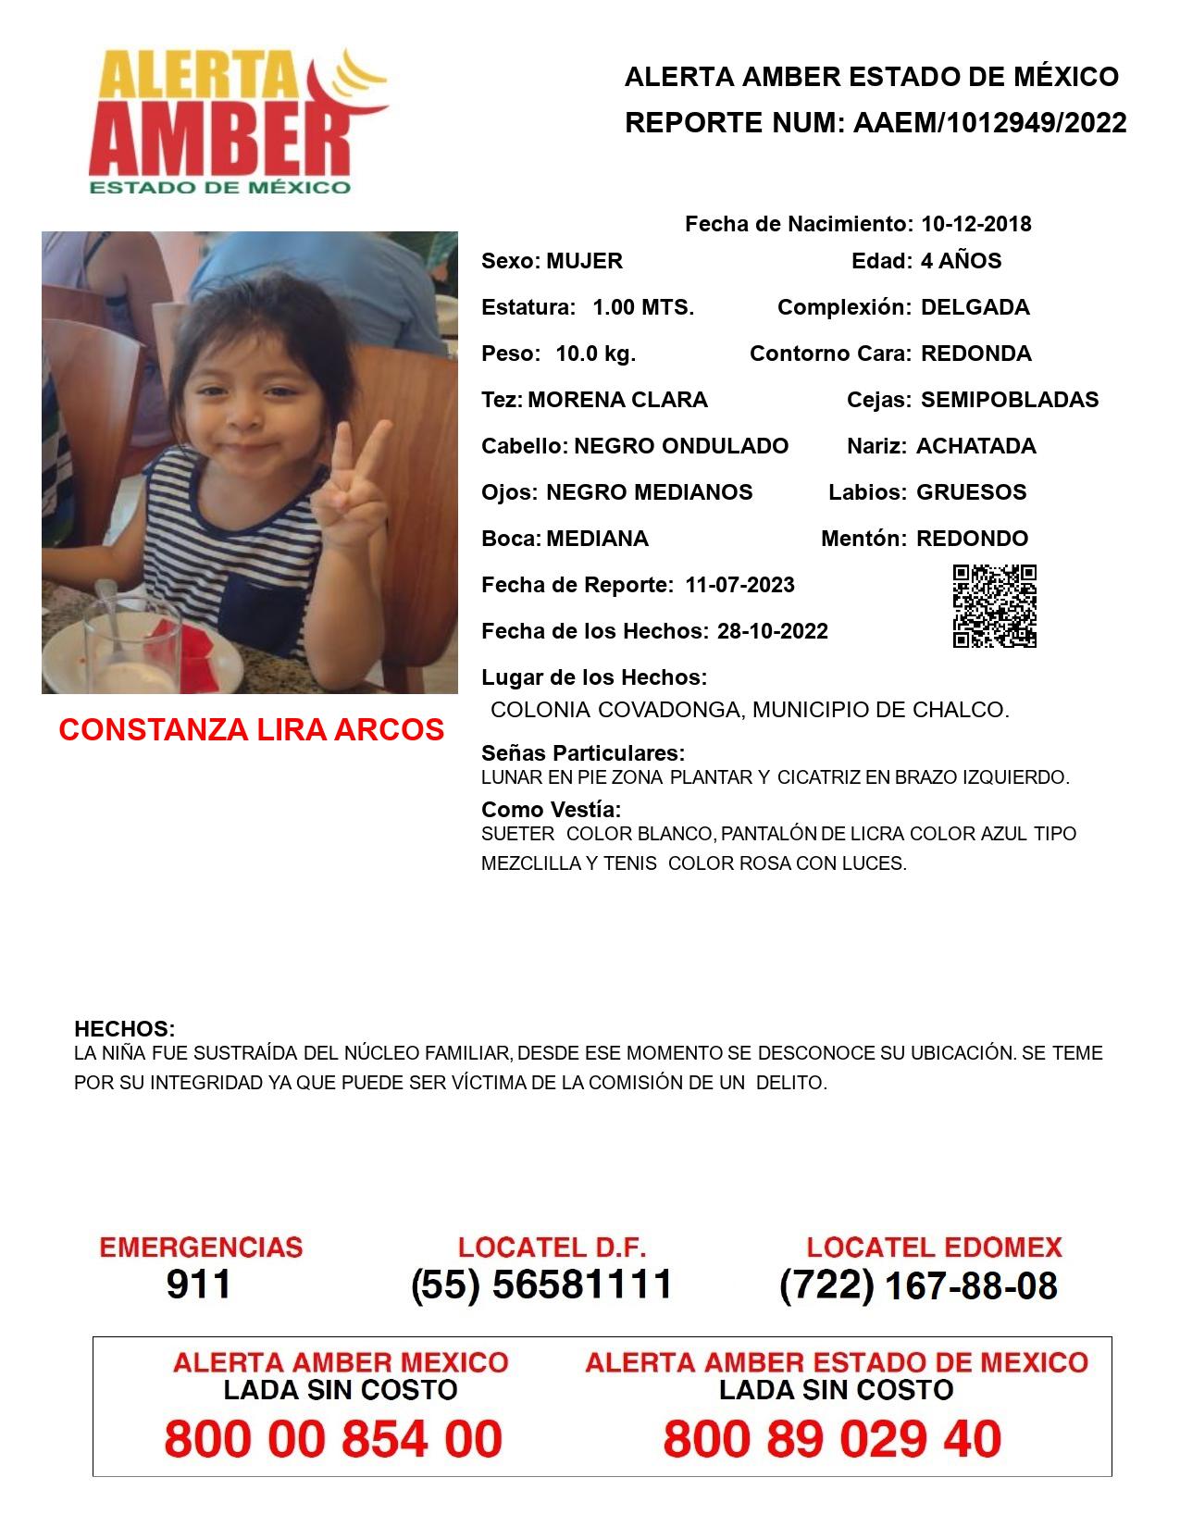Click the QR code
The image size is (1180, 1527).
click(995, 606)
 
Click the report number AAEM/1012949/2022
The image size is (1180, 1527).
click(989, 123)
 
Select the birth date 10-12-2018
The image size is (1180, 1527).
click(975, 224)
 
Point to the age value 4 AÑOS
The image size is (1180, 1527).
click(961, 261)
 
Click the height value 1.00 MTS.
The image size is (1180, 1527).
click(643, 307)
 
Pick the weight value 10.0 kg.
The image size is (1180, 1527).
click(595, 354)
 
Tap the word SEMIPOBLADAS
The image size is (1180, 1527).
click(1010, 400)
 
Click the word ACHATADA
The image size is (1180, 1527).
click(975, 446)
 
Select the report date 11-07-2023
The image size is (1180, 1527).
click(739, 585)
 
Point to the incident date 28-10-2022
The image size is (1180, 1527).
click(772, 631)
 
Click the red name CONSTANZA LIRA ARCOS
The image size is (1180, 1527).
click(251, 730)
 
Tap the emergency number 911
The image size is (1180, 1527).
click(198, 1285)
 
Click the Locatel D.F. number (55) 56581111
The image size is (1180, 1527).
click(541, 1285)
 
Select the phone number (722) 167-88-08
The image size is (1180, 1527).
click(918, 1285)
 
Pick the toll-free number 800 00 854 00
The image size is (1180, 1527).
click(333, 1439)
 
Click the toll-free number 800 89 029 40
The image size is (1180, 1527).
click(832, 1439)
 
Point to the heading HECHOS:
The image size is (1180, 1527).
click(124, 1029)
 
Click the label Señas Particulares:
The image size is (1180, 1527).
click(583, 752)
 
